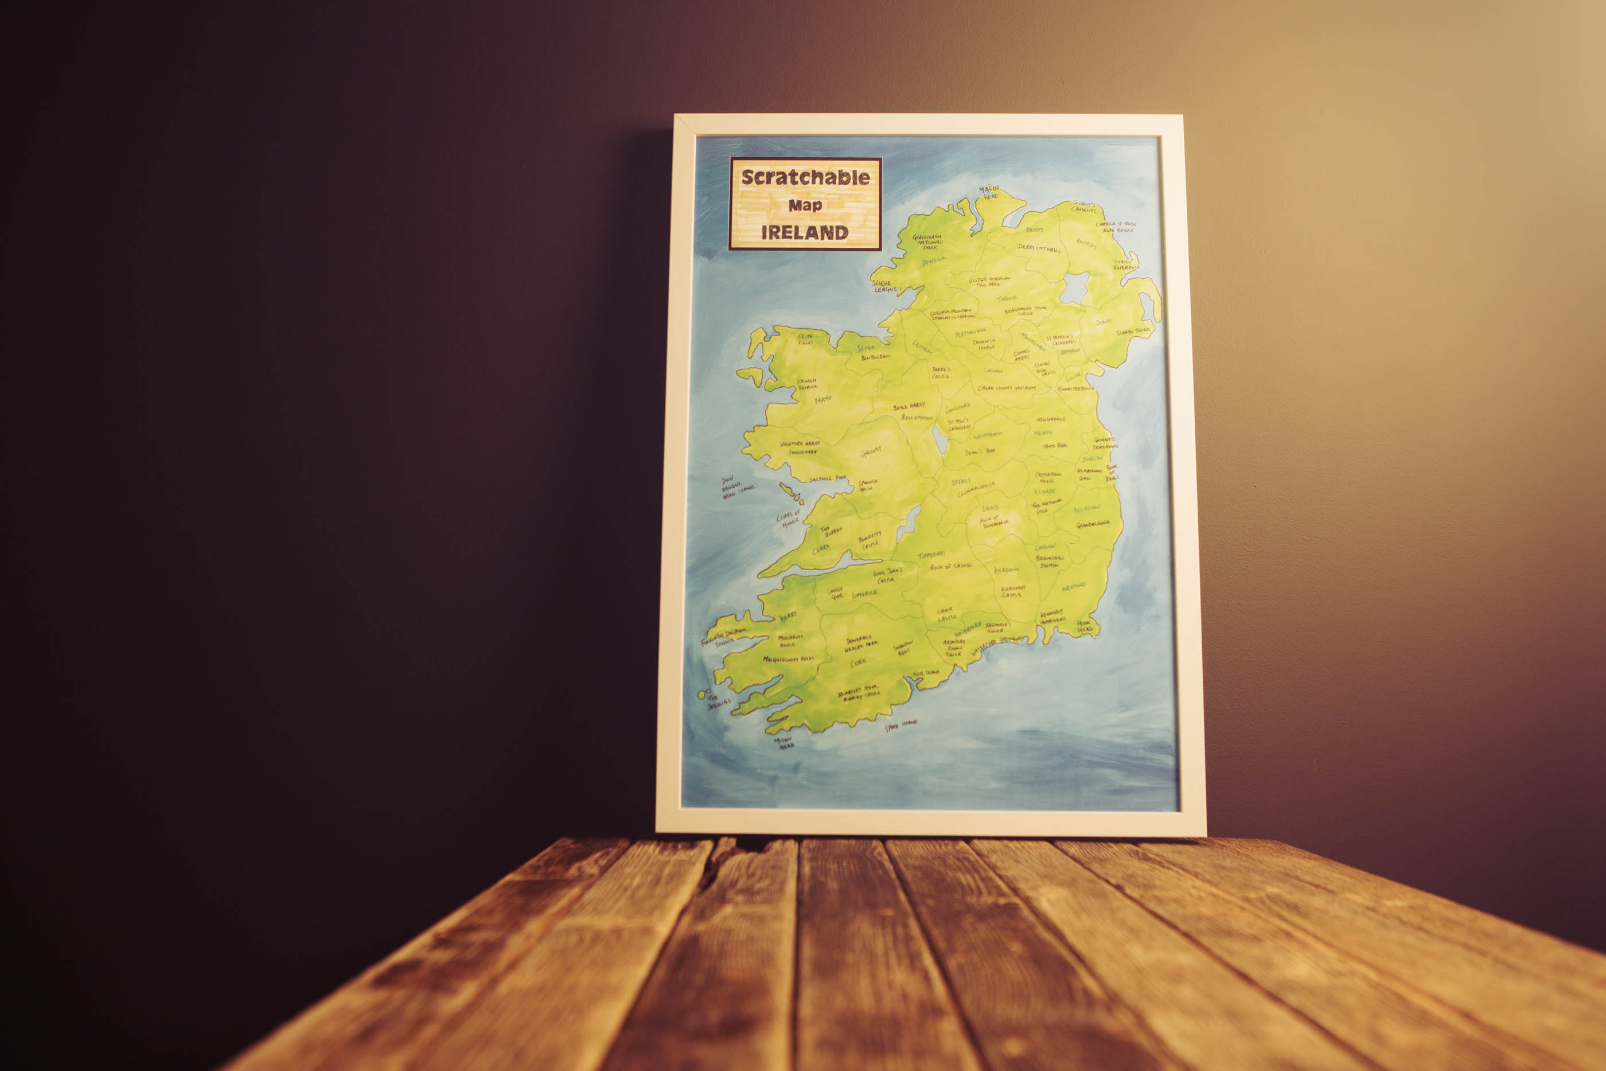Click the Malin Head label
coord(989,193)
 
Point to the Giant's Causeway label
coord(1083,207)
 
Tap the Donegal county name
coord(934,261)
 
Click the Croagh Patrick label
coord(807,384)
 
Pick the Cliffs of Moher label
coord(788,517)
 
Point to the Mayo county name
coord(823,399)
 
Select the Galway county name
coord(871,452)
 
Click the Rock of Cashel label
coord(951,566)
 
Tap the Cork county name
coord(858,662)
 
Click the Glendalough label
coord(1093,524)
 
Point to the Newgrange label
coord(1051,419)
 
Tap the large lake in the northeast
coord(1075,287)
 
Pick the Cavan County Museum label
coord(1007,388)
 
